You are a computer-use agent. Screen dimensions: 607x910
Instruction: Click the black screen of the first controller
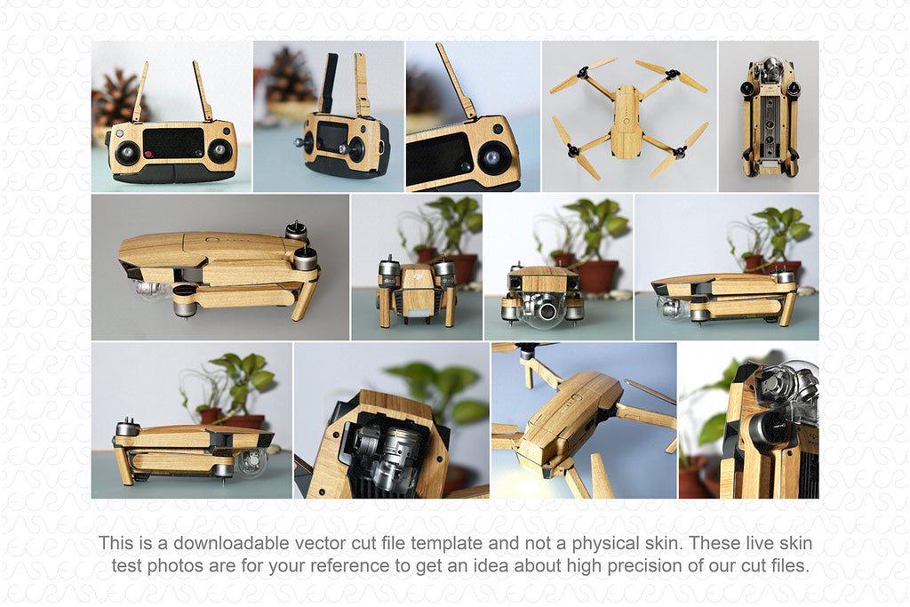[x=173, y=142]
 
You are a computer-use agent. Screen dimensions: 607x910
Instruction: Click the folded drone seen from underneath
[x=769, y=116]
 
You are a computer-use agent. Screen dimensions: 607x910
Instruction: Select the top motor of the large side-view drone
[x=296, y=232]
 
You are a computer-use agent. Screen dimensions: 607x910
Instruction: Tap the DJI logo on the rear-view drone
[x=417, y=277]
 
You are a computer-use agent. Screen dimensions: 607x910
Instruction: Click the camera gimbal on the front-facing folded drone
[x=543, y=307]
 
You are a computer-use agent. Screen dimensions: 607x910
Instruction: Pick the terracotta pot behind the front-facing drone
[x=597, y=276]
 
